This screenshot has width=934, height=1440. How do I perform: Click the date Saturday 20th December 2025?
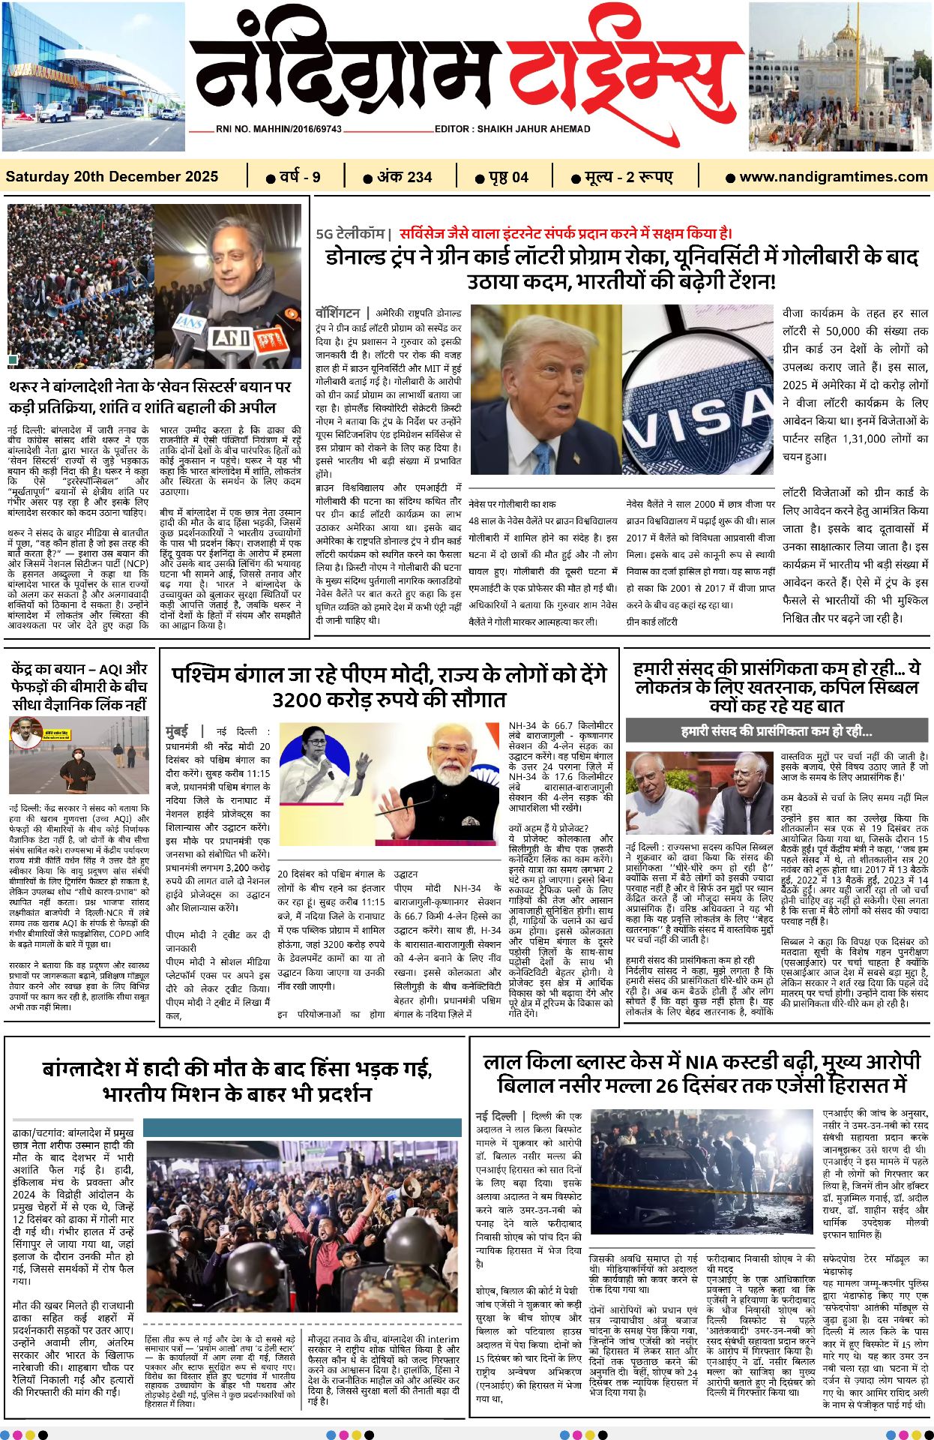(x=112, y=177)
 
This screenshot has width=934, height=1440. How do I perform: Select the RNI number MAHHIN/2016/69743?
(x=278, y=129)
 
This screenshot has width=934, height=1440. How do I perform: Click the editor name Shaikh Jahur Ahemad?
(x=512, y=129)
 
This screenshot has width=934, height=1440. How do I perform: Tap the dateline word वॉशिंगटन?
(x=338, y=312)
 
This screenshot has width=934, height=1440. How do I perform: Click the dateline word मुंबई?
(x=177, y=730)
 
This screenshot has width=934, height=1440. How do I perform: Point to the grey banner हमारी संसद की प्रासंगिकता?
(x=777, y=730)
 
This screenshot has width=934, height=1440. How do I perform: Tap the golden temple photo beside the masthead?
(x=840, y=76)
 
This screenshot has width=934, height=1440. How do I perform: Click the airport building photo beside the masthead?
(x=93, y=76)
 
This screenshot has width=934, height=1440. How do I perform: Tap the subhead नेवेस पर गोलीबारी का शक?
(x=512, y=504)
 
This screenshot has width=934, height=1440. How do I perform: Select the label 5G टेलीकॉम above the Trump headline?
(x=349, y=234)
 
